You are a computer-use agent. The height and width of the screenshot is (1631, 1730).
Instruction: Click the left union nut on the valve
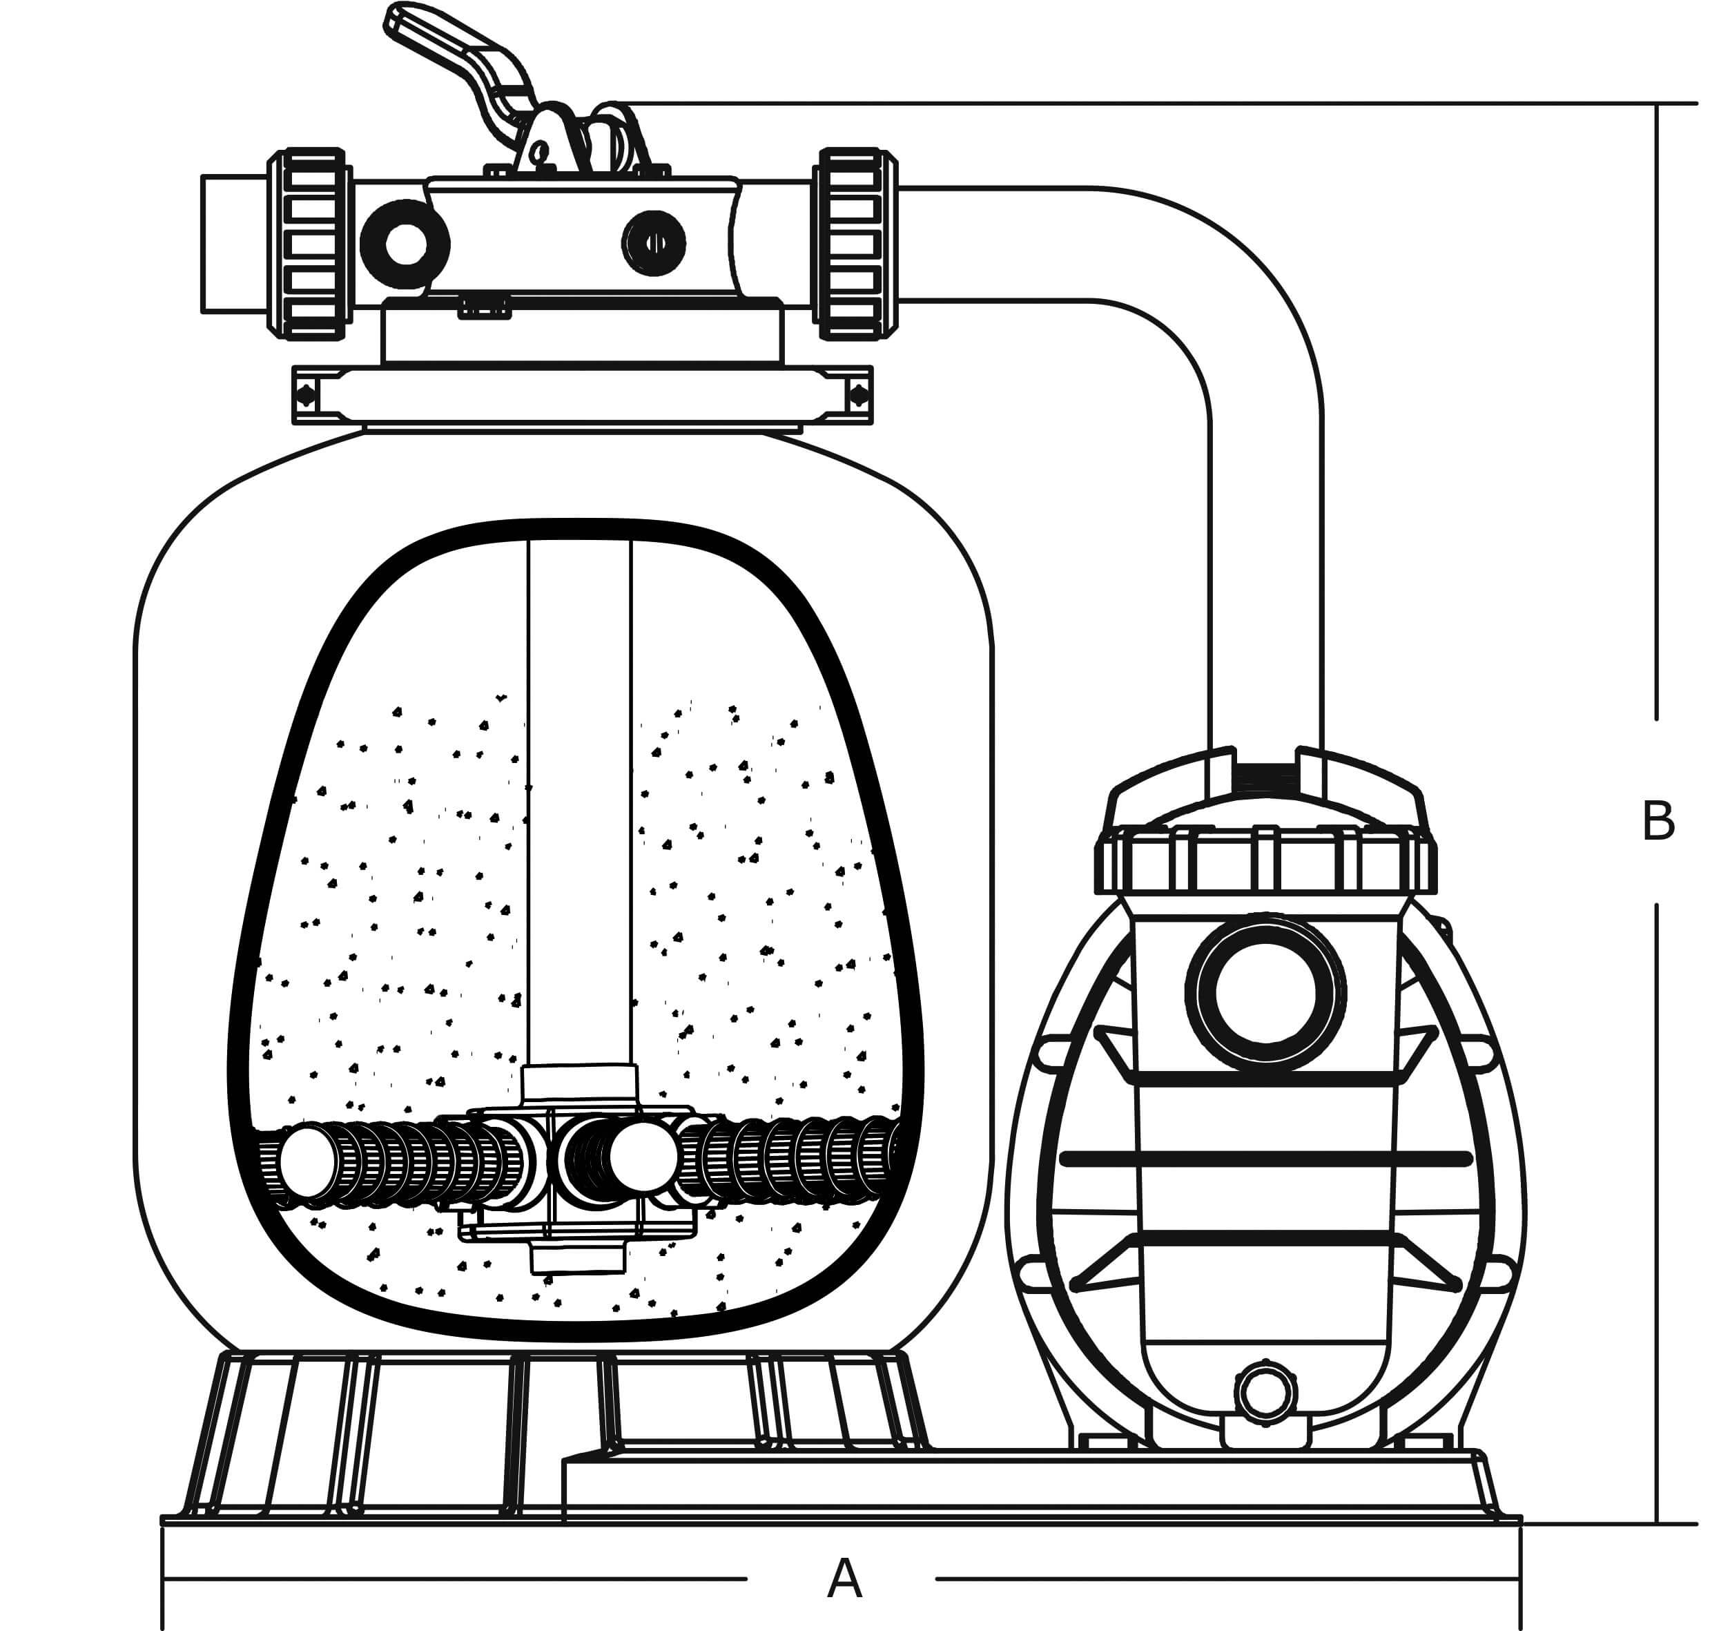pos(311,243)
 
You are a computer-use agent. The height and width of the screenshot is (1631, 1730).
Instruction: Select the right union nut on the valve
pos(857,243)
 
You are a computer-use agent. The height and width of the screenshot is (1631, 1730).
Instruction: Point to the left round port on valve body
pos(405,244)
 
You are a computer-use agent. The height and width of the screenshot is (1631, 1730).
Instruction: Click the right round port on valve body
pos(654,243)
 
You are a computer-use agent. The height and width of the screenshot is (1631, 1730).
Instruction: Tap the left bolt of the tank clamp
pos(307,396)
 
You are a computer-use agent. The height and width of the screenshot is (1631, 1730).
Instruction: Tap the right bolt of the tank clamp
pos(859,396)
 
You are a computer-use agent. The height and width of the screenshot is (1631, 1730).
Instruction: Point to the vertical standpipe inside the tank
pos(579,783)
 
